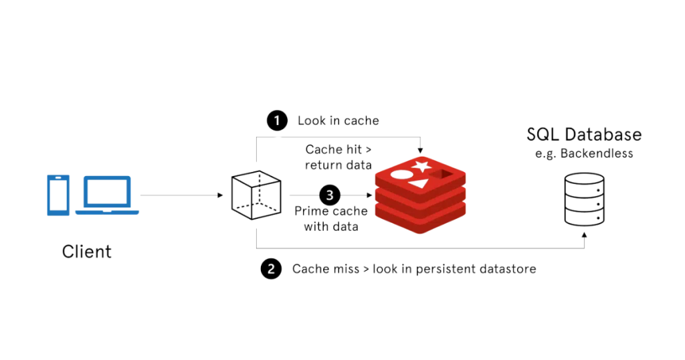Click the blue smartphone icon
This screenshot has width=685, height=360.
58,195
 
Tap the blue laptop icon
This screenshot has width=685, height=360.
107,195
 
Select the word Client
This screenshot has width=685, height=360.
87,252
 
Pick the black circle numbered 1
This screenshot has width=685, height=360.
276,120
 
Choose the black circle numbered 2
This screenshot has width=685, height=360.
270,269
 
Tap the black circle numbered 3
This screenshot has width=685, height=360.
330,195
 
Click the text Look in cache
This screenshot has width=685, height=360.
338,121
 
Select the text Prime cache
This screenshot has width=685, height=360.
331,211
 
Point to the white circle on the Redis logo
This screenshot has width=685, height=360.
399,175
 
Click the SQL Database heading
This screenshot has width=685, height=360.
584,134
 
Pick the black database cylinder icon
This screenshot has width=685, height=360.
584,197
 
